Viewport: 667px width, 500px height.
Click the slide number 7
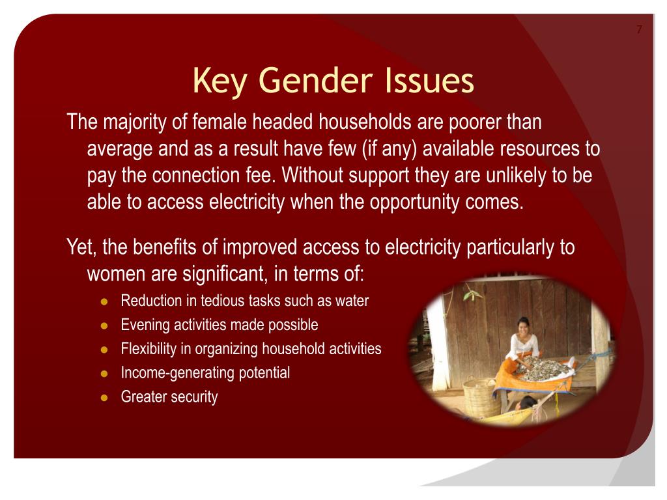[639, 29]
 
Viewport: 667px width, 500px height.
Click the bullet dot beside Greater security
[104, 397]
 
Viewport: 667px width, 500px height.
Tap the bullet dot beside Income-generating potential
[104, 374]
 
